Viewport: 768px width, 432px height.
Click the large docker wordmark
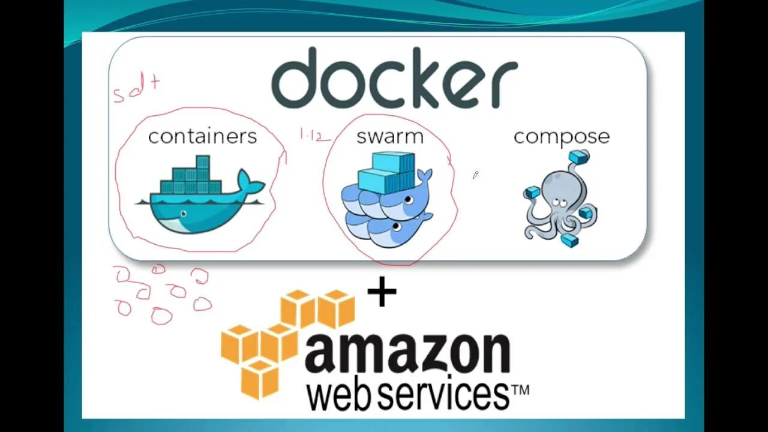coord(394,78)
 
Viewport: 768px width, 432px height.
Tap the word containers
coord(202,137)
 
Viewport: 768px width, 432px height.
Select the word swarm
coord(389,137)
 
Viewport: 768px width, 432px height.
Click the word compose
coord(561,137)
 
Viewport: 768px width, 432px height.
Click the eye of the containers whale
coord(183,214)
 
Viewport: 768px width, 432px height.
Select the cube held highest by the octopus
coord(579,157)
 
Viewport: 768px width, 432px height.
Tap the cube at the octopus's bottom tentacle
coord(569,241)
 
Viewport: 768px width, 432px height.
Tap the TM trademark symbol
coord(520,390)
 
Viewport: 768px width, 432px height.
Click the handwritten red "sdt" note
coord(136,89)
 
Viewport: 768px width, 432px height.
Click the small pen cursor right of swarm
coord(475,175)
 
